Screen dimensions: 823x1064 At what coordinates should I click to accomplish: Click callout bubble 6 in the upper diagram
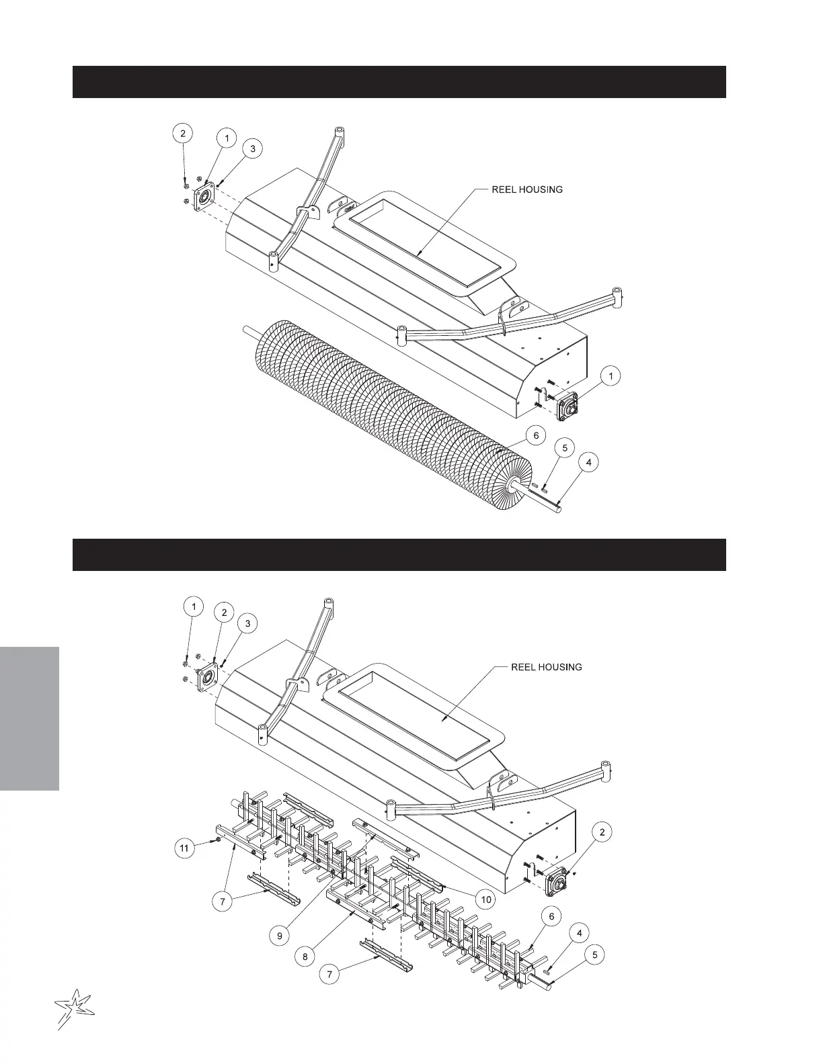pyautogui.click(x=536, y=436)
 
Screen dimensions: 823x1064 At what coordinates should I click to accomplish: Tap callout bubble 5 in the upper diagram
pyautogui.click(x=564, y=448)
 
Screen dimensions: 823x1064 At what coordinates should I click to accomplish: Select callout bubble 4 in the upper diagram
pyautogui.click(x=589, y=462)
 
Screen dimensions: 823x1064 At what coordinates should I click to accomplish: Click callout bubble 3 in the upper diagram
pyautogui.click(x=252, y=148)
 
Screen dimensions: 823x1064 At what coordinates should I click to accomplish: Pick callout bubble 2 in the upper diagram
pyautogui.click(x=182, y=133)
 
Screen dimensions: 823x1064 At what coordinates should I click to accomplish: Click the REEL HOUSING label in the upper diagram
pyautogui.click(x=527, y=189)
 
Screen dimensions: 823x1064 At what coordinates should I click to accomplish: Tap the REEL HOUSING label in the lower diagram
pyautogui.click(x=547, y=667)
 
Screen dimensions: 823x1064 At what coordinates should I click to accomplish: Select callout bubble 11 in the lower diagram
pyautogui.click(x=184, y=848)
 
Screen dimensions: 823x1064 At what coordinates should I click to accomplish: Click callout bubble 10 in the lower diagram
pyautogui.click(x=485, y=899)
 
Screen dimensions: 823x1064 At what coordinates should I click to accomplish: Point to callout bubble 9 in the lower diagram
pyautogui.click(x=282, y=935)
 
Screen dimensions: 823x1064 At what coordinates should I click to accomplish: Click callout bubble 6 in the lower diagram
pyautogui.click(x=551, y=916)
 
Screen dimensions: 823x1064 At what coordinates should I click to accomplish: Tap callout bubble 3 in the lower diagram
pyautogui.click(x=247, y=623)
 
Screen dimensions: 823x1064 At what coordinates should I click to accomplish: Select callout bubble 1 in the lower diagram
pyautogui.click(x=194, y=607)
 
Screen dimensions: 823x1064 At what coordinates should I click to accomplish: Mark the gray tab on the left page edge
pyautogui.click(x=30, y=718)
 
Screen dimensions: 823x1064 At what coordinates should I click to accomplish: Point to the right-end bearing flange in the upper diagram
pyautogui.click(x=567, y=406)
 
